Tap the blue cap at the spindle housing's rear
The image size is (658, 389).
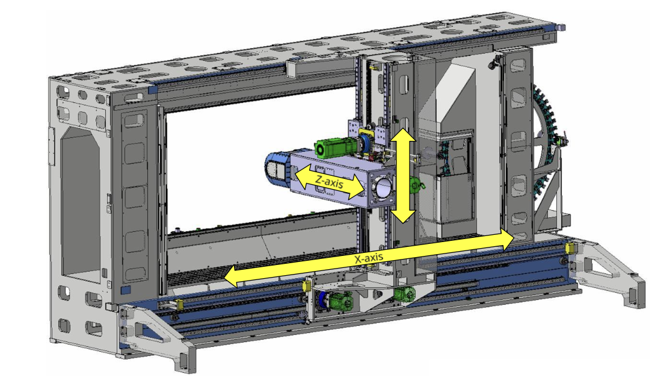pos(277,167)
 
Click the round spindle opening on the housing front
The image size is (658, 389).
pos(383,187)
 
